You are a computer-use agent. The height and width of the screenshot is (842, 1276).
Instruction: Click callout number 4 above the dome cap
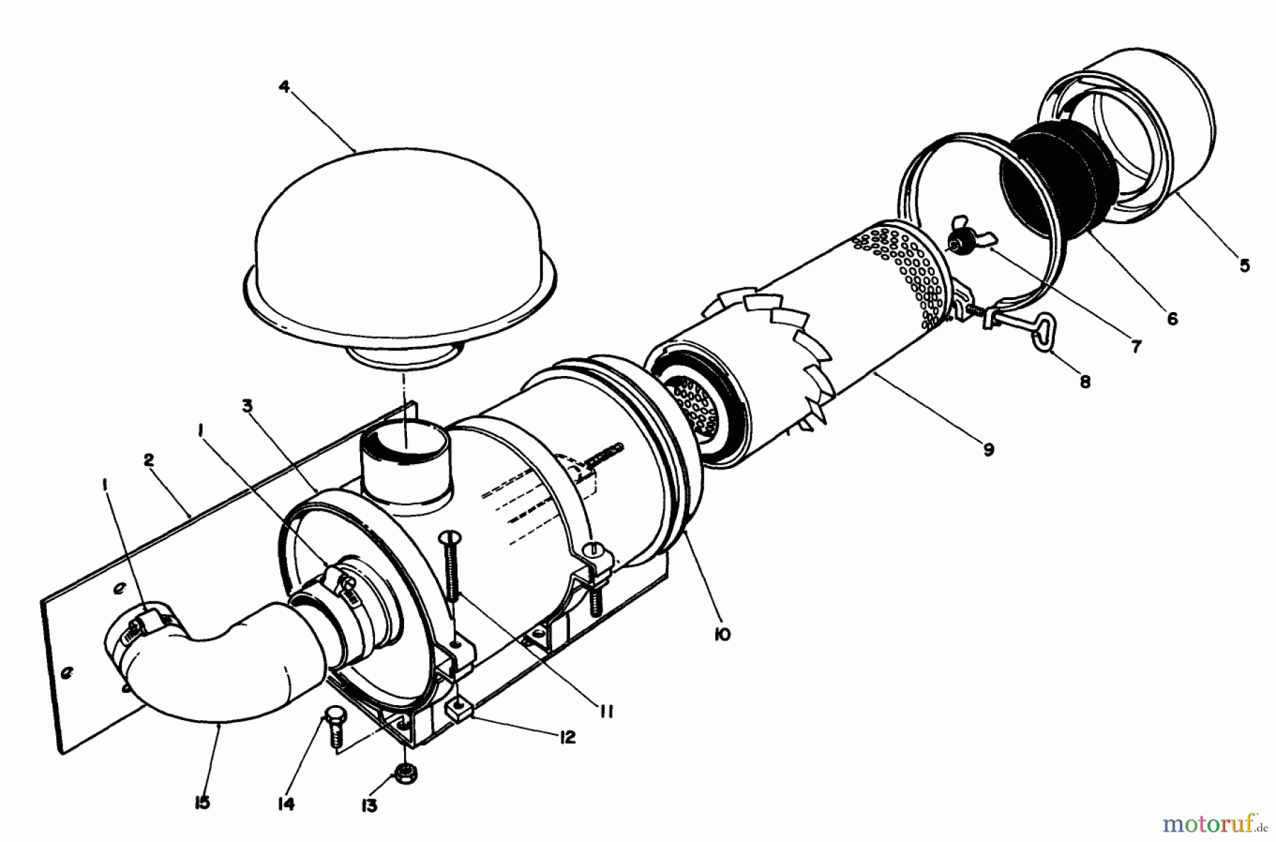click(284, 87)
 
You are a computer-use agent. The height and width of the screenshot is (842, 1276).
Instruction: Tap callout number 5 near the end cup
click(1245, 265)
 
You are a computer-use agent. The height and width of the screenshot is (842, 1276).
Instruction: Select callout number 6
click(1172, 319)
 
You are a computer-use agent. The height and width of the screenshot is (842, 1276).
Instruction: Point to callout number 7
click(1136, 347)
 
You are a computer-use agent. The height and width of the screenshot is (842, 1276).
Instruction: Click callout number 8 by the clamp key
click(1085, 382)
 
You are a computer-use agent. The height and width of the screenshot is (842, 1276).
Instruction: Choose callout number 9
click(988, 449)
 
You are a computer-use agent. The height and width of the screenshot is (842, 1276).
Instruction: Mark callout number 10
click(722, 634)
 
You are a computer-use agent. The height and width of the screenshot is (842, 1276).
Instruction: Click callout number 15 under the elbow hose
click(203, 804)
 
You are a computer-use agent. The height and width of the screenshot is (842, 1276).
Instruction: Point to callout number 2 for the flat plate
click(148, 460)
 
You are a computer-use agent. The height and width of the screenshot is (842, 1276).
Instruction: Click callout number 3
click(247, 406)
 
